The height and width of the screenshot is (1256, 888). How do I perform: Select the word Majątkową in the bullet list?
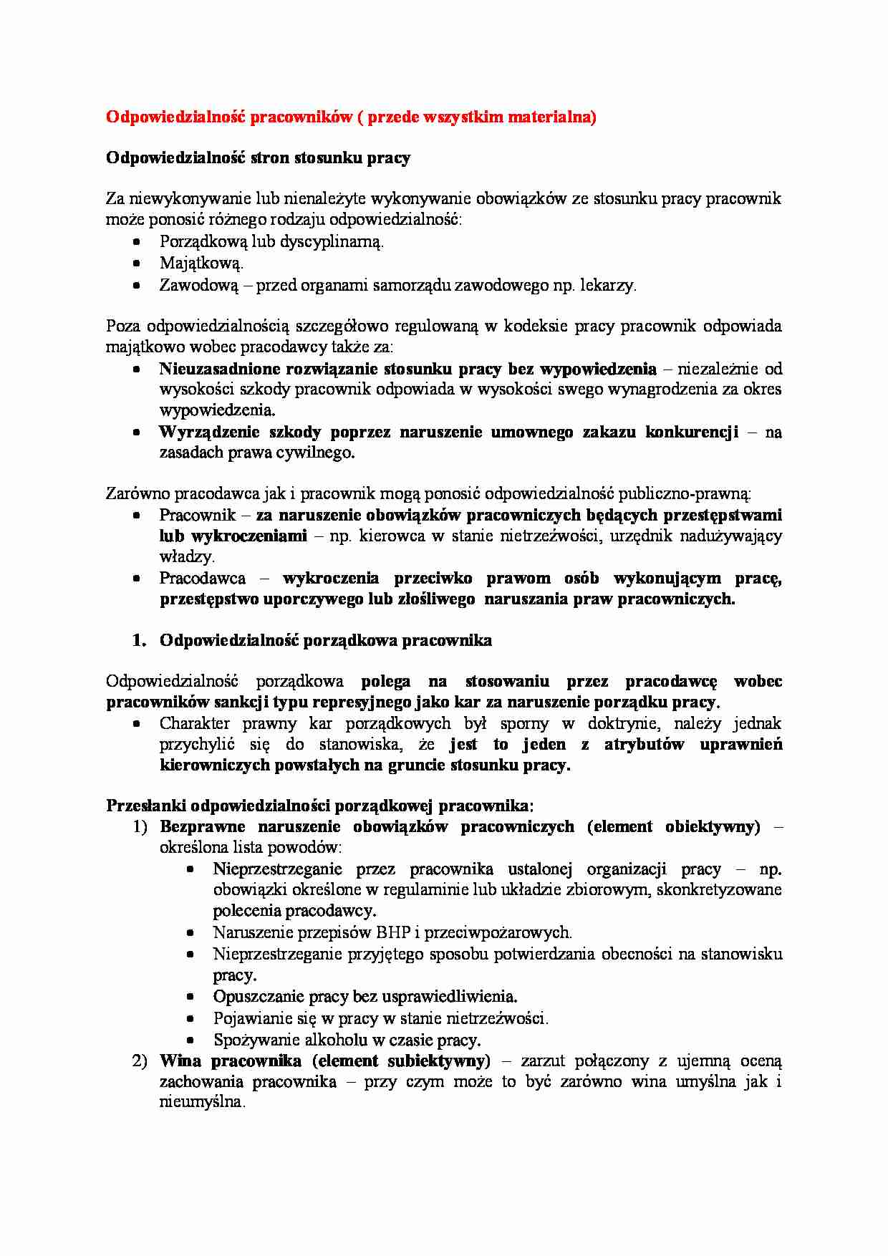[x=201, y=264]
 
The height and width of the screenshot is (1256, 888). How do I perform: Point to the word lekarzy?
[x=609, y=285]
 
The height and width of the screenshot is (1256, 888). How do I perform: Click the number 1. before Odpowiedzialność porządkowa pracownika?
[x=139, y=640]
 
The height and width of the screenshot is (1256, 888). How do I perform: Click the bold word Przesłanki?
[x=145, y=806]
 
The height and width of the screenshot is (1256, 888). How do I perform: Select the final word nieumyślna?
[x=202, y=1102]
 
